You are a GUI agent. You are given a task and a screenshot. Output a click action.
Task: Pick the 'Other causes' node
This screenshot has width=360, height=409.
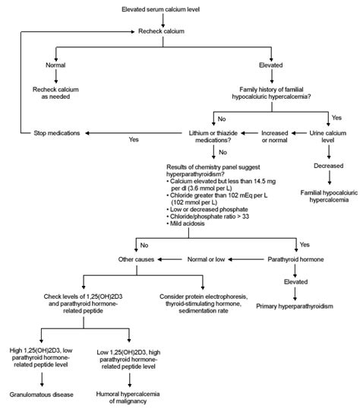click(137, 260)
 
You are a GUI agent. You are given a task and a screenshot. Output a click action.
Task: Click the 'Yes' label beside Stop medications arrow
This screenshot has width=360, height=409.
click(134, 140)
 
